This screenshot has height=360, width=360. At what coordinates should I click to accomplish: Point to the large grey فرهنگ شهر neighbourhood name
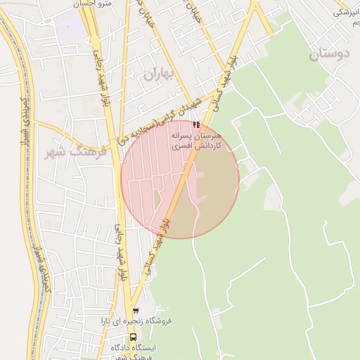73,153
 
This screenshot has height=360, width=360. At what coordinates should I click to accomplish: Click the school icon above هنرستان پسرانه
195,124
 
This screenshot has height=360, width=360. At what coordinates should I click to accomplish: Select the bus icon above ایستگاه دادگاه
134,337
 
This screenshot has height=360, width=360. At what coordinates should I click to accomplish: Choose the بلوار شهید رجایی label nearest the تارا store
122,253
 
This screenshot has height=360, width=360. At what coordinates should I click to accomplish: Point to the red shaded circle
180,179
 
